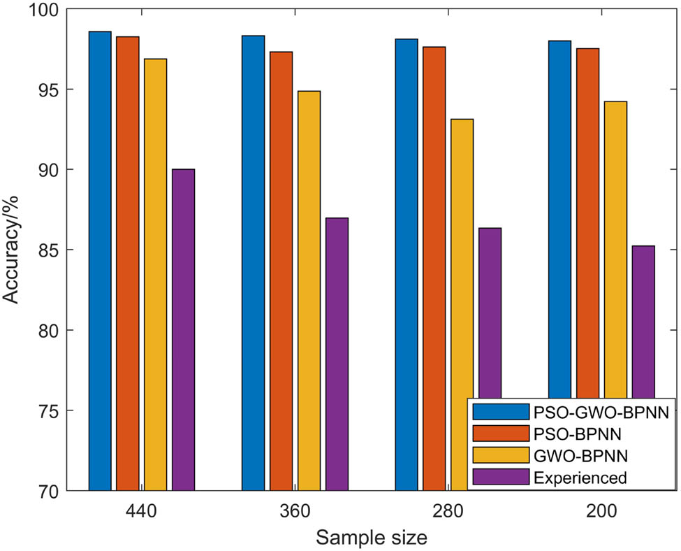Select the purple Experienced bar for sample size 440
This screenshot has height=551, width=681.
184,329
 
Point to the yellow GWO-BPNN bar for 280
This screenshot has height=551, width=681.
462,266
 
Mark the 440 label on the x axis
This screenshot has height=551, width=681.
142,511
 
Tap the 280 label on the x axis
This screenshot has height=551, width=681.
448,511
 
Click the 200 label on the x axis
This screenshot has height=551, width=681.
601,511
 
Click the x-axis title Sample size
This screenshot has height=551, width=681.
371,536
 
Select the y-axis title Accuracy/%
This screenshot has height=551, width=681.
13,250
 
